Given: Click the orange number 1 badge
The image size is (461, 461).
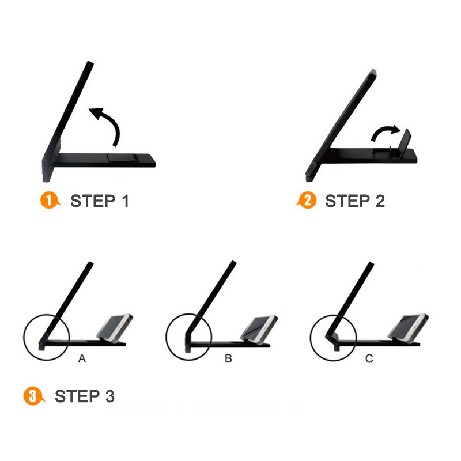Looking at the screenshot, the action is click(50, 200).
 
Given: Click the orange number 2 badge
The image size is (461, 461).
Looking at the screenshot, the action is click(307, 200).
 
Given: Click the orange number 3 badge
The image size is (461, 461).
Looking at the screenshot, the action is click(33, 396).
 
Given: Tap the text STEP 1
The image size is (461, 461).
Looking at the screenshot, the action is click(100, 201).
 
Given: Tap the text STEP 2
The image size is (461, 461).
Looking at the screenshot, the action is click(355, 201).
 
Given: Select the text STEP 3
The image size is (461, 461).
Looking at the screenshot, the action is click(85, 396).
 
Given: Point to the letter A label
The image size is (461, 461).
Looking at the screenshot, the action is click(82, 358).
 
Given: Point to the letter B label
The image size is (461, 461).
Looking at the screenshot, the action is click(228, 358).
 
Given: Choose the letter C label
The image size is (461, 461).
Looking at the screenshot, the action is click(369, 358).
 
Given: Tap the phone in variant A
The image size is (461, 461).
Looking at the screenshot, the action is click(115, 328).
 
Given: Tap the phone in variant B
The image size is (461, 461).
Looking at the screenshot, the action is click(259, 328).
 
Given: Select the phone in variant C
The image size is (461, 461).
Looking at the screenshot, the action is click(408, 328).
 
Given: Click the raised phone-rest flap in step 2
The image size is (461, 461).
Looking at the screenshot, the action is click(405, 140).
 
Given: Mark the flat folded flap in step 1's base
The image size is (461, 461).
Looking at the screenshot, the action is click(123, 157).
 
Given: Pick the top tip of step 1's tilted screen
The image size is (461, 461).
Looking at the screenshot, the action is click(90, 62).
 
